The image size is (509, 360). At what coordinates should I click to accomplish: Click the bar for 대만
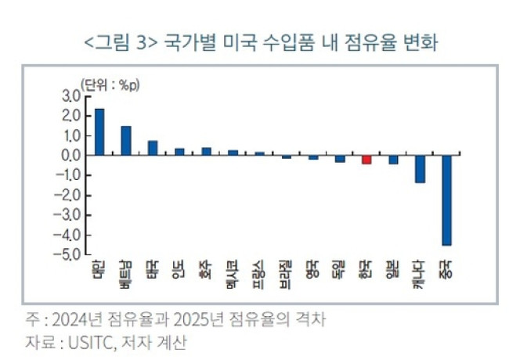pos(99,131)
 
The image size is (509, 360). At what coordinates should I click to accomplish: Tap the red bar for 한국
pos(366,160)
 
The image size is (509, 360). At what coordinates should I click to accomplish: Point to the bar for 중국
pos(446,200)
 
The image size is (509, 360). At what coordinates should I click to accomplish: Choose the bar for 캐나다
pos(420,169)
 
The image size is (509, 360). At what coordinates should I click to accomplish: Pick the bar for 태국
pos(153,148)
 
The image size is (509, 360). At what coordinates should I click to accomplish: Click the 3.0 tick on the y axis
pos(70,96)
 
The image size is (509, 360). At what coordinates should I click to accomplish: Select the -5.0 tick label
pos(68,255)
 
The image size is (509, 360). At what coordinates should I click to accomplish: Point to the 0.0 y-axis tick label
pos(70,156)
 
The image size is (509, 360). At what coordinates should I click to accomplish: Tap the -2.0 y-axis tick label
pos(68,196)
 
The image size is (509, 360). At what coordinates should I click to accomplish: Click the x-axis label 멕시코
pos(233,271)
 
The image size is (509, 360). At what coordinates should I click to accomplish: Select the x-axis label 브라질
pos(286,271)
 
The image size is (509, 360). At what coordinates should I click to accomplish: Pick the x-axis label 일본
pos(393,269)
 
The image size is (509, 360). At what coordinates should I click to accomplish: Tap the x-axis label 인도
pos(179,268)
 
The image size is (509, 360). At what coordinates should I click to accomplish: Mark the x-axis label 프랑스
pos(259,271)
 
